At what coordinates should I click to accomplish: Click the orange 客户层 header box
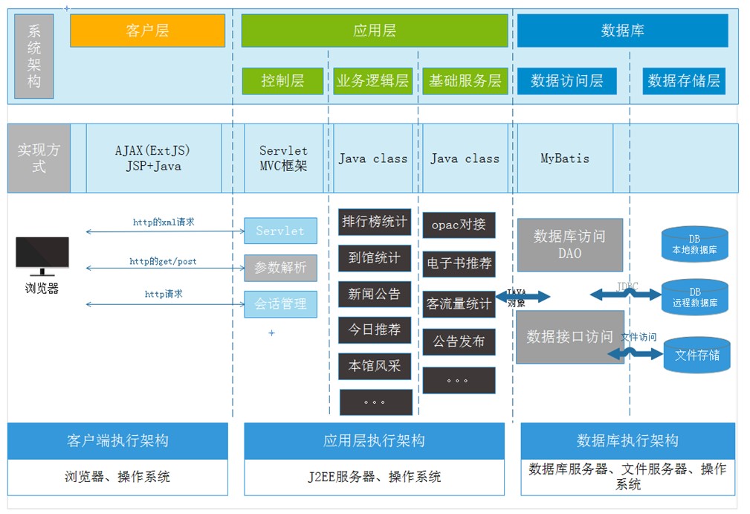tap(147, 30)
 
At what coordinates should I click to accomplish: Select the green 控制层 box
tap(282, 81)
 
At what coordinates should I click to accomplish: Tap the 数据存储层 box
tap(684, 81)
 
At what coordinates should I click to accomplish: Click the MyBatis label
tap(565, 158)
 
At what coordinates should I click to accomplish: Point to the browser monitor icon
tap(42, 256)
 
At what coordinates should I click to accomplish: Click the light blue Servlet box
tap(280, 231)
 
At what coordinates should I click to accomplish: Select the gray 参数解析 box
tap(280, 268)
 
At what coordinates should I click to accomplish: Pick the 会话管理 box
tap(280, 304)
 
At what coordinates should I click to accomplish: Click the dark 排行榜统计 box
tap(375, 222)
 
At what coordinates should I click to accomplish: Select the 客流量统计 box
tap(459, 304)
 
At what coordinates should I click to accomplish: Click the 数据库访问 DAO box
tap(569, 245)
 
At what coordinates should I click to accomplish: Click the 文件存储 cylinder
tap(696, 355)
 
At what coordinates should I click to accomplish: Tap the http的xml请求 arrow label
tap(164, 222)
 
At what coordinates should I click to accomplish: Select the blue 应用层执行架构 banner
tap(374, 441)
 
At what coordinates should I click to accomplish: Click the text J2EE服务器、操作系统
tap(374, 477)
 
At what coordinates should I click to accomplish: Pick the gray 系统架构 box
tap(34, 57)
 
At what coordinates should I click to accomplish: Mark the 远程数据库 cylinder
tap(694, 298)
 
